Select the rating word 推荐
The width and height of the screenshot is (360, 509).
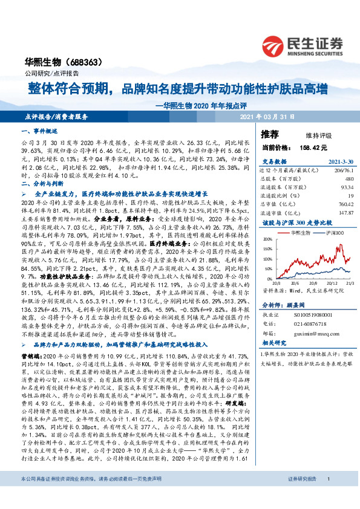[x=269, y=134]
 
